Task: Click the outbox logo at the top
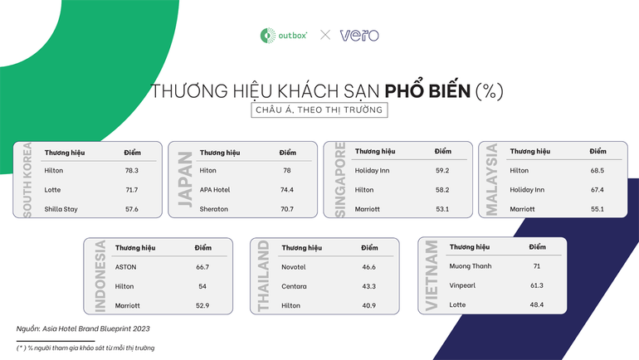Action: [284, 35]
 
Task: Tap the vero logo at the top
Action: [359, 35]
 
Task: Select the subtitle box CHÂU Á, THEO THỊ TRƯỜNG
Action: [319, 110]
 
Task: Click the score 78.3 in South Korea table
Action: [131, 170]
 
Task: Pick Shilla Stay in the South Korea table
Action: [61, 209]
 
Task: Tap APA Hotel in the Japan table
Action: [215, 190]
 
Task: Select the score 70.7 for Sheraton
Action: [286, 209]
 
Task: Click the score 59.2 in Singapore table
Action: [441, 170]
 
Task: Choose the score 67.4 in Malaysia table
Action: [598, 190]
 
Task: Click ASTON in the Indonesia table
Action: [126, 267]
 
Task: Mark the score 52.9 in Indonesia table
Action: [202, 306]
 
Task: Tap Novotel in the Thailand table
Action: [295, 267]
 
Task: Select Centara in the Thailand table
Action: [295, 287]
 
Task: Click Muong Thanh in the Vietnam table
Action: [471, 266]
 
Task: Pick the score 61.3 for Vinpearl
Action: [536, 285]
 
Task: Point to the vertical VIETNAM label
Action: [432, 276]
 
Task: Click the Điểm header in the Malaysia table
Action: [598, 152]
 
